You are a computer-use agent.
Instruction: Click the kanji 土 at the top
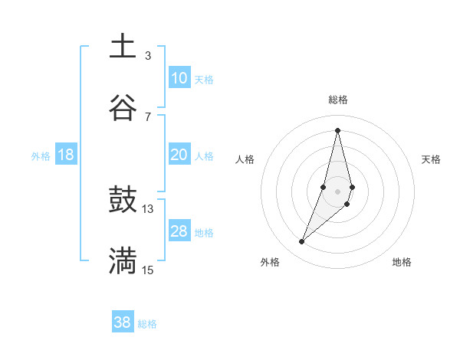pyautogui.click(x=123, y=46)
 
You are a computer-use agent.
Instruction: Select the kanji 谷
pyautogui.click(x=123, y=107)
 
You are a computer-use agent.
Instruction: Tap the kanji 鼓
pyautogui.click(x=123, y=200)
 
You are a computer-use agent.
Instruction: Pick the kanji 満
pyautogui.click(x=123, y=260)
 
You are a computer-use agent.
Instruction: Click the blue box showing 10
pyautogui.click(x=179, y=78)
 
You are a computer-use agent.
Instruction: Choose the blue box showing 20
pyautogui.click(x=179, y=155)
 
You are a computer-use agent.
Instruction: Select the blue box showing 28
pyautogui.click(x=179, y=231)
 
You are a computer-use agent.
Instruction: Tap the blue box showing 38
pyautogui.click(x=123, y=322)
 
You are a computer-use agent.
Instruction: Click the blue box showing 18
pyautogui.click(x=66, y=155)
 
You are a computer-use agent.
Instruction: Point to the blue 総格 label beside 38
pyautogui.click(x=147, y=324)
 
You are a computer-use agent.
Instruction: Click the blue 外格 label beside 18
pyautogui.click(x=41, y=156)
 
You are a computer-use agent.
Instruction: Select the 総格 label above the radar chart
pyautogui.click(x=337, y=100)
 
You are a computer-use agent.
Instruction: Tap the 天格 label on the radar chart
pyautogui.click(x=432, y=159)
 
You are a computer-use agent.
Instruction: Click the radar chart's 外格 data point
pyautogui.click(x=302, y=242)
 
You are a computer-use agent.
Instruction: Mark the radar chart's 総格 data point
pyautogui.click(x=337, y=130)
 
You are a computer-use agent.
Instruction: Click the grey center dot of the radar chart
pyautogui.click(x=337, y=190)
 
